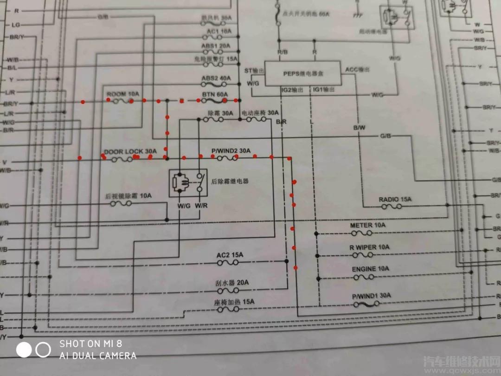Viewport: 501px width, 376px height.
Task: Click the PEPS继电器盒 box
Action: pos(302,73)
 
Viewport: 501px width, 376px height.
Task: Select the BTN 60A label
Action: pos(215,94)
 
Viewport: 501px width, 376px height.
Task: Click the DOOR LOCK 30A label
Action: pos(130,151)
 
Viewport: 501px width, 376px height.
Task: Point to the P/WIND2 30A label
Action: pos(231,151)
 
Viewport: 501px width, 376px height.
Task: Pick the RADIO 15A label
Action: pos(395,200)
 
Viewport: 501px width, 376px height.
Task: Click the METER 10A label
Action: pos(368,225)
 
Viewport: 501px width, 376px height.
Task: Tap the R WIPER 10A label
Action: pos(369,247)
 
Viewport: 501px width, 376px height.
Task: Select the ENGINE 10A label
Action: pos(370,269)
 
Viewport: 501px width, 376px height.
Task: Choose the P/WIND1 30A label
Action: pos(371,295)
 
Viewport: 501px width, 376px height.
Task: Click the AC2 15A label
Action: pos(230,255)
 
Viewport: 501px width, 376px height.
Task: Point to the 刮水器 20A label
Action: pos(232,283)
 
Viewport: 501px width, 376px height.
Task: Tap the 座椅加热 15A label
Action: pos(234,302)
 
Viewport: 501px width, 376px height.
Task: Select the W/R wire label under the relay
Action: pos(201,206)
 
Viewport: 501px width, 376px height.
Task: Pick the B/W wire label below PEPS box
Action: pos(359,127)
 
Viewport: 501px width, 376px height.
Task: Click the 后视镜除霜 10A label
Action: pos(128,196)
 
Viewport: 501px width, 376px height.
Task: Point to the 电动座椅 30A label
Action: pos(260,113)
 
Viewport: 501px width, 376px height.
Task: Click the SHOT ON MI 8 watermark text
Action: pos(91,344)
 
